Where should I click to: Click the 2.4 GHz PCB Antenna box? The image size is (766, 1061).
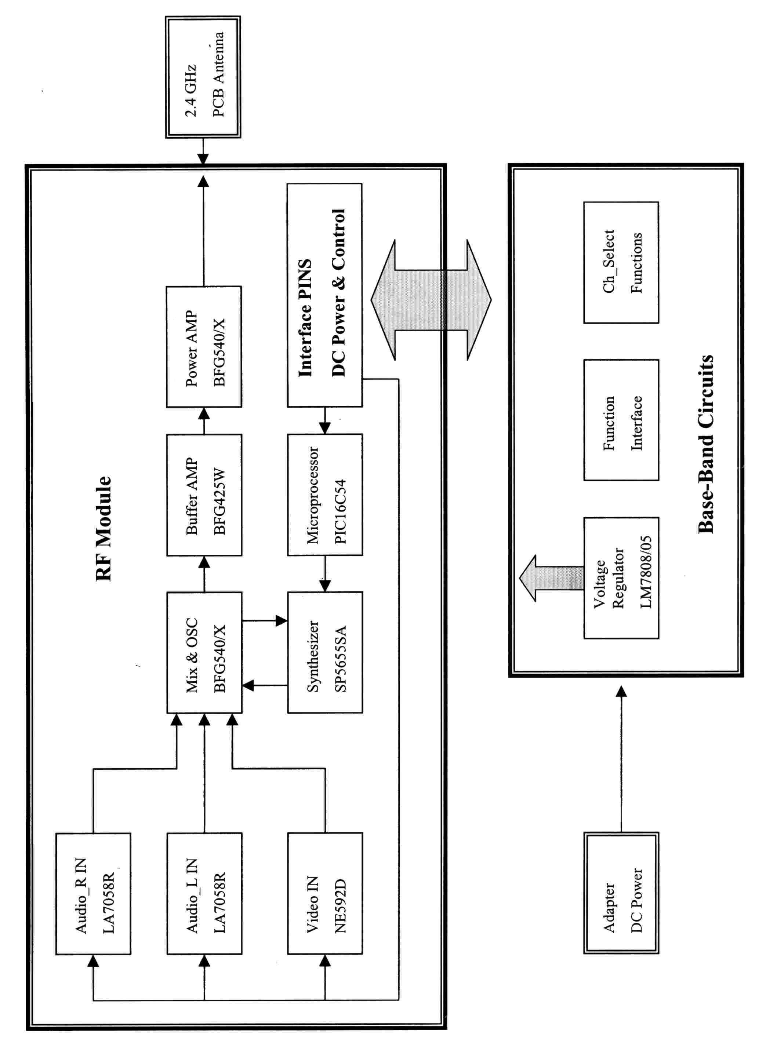(203, 77)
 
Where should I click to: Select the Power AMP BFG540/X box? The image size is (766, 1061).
(204, 347)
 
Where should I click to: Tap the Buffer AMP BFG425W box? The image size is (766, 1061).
(204, 495)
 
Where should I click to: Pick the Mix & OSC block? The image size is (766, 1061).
(204, 653)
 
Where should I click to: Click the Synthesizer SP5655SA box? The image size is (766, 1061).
(325, 653)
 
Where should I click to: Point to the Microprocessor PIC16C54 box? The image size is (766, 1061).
(325, 495)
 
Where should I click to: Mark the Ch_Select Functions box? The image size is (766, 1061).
(621, 262)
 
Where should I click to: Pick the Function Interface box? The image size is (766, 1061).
(621, 420)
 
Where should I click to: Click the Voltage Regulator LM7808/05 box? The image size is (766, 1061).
(621, 578)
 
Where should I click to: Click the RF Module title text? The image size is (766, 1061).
(104, 529)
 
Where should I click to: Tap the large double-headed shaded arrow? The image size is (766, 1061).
(431, 300)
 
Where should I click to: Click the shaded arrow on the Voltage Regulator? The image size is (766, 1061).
(552, 578)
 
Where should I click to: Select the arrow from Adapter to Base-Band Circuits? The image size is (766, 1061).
(621, 758)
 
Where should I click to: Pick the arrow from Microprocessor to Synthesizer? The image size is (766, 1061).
(325, 573)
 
